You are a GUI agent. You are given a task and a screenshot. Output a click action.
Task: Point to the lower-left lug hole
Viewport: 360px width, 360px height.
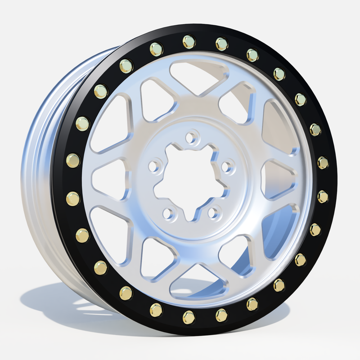coord(168,213)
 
